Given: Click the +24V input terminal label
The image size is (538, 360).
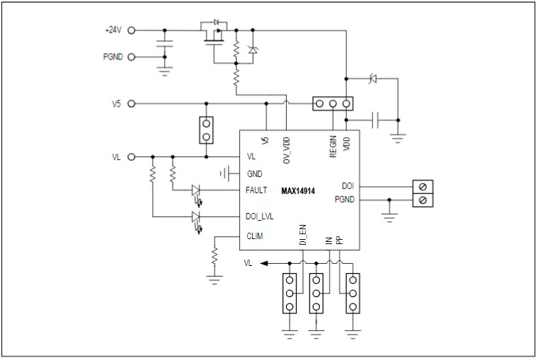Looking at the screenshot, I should pos(113,30).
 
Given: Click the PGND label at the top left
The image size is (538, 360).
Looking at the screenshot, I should pos(113,57).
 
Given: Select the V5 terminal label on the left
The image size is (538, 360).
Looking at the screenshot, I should pos(117,103).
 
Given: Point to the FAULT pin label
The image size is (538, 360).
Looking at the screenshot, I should pos(256,190).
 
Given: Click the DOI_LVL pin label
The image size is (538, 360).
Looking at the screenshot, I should pos(260,217).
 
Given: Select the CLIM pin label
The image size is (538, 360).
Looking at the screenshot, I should pos(254,236).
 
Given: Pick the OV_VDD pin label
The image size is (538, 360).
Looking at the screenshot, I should pos(287,149).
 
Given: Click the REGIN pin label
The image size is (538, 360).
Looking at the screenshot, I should pos(333,146).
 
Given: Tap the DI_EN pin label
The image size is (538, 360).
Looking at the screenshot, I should pos(302,235).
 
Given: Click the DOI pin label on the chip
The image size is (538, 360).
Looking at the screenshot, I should pos(348,185).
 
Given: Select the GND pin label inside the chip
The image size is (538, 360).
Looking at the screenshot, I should pos(253,173).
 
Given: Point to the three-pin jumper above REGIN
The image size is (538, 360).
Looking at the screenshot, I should pos(333,104).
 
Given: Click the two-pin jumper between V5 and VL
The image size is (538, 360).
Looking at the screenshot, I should pos(206,129).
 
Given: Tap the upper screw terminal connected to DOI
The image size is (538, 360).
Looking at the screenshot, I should pos(423,187).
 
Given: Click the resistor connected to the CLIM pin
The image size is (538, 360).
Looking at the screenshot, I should pos(214,259).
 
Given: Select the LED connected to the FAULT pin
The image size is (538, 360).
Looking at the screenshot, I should pos(196,190).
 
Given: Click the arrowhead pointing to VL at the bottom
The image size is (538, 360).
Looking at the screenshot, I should pos(263,263).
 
